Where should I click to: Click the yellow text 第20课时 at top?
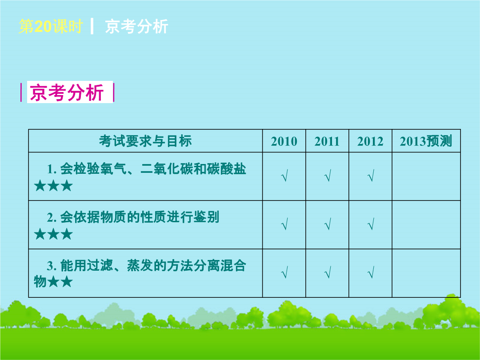click(51, 26)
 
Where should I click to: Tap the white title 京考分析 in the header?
click(136, 26)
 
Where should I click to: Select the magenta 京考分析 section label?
click(67, 92)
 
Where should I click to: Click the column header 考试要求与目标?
click(145, 141)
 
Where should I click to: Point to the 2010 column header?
click(284, 141)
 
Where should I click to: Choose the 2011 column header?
click(327, 141)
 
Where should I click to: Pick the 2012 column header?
click(370, 141)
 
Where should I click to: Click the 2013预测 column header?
click(426, 141)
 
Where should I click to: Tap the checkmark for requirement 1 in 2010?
click(284, 176)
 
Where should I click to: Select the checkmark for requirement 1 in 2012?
click(371, 176)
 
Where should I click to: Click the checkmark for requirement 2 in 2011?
click(328, 224)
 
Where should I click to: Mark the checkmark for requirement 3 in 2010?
click(284, 272)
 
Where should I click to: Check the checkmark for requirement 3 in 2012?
click(371, 272)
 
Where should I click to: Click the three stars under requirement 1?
click(53, 186)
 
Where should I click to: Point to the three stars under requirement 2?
click(53, 235)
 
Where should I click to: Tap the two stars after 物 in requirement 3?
click(60, 282)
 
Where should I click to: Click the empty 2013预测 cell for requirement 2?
click(426, 225)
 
